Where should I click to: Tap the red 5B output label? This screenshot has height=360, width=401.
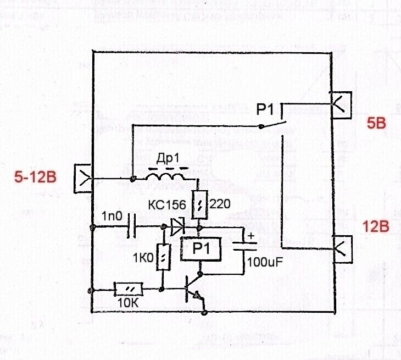(377, 124)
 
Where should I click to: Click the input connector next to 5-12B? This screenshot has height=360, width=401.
(83, 178)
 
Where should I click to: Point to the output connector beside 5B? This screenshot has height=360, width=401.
(340, 103)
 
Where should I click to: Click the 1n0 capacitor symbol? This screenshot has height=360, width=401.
(131, 226)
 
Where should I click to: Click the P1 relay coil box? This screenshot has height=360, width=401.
(200, 250)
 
